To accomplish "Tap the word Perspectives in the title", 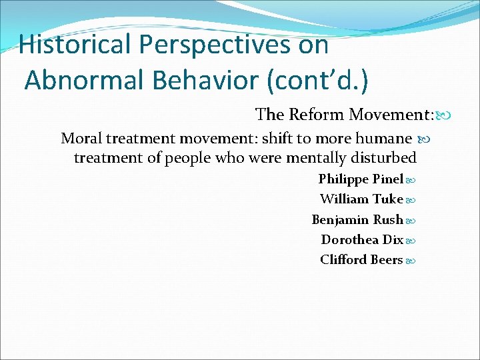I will [234, 45].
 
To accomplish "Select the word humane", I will [388, 139].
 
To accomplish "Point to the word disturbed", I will [384, 158].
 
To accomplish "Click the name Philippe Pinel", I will [361, 179].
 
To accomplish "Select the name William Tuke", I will [361, 199].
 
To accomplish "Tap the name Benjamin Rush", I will [357, 220].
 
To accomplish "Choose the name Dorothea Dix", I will [362, 240].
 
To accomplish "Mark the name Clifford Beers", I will [361, 260].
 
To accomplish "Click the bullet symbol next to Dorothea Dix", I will [411, 241].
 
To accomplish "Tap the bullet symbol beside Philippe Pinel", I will [411, 180].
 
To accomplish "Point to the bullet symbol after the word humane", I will [422, 139].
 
